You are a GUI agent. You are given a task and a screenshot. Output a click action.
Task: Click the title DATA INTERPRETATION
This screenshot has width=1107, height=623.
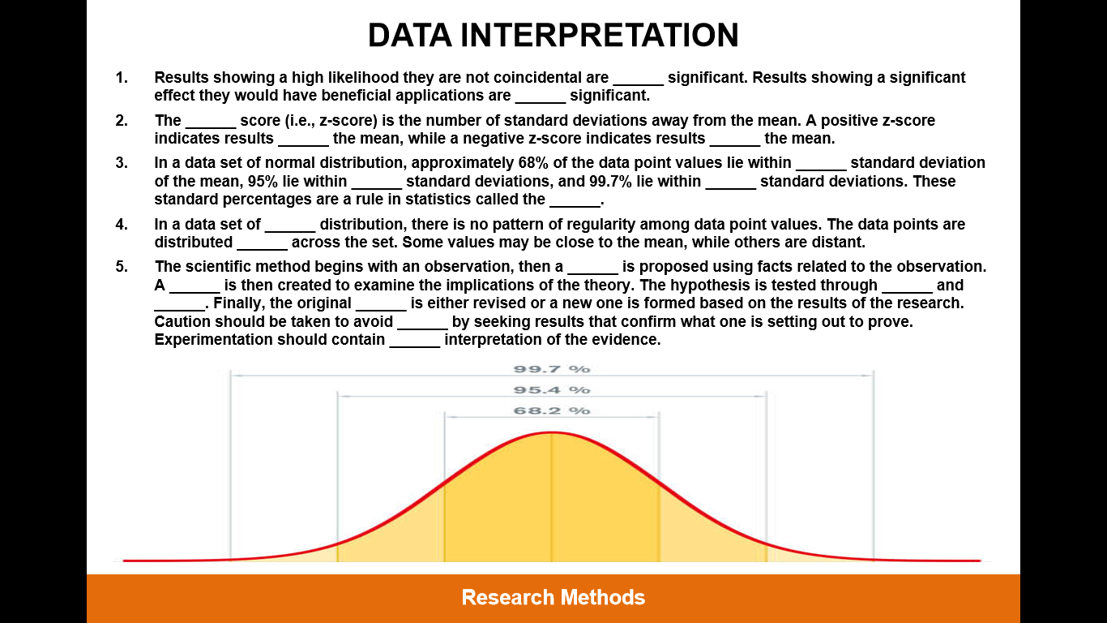553,35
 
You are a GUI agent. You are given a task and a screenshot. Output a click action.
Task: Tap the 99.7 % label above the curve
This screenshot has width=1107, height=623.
552,369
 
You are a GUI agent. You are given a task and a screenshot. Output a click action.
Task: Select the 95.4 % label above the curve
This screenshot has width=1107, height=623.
552,390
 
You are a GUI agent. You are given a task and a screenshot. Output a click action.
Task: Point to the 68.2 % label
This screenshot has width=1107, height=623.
552,410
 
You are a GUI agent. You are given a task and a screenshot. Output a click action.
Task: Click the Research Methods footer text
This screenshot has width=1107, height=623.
553,597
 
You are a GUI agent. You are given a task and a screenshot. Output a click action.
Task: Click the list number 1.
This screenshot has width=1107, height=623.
122,78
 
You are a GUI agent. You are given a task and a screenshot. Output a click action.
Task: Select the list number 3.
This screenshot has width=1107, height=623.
122,163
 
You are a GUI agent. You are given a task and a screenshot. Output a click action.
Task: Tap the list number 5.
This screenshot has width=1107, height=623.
122,267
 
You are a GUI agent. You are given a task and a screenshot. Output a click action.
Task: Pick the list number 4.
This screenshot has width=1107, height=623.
122,225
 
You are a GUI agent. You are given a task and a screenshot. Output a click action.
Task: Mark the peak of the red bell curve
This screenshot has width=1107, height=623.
552,433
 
